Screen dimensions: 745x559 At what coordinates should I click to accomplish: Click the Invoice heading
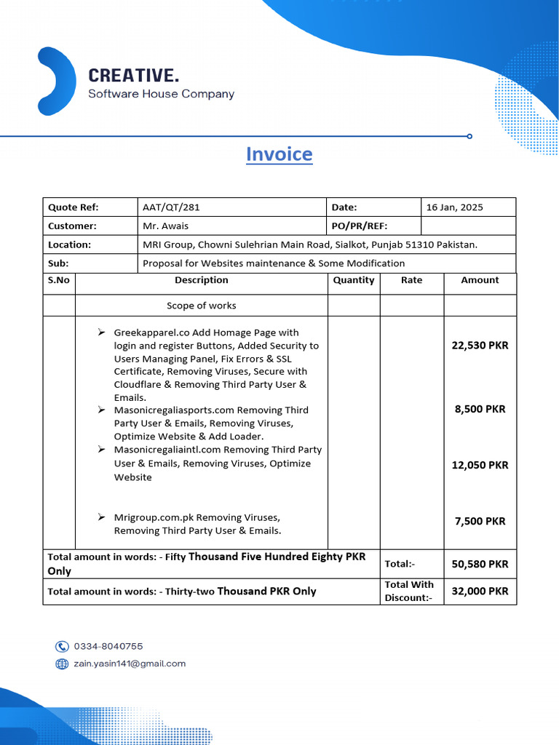(x=279, y=154)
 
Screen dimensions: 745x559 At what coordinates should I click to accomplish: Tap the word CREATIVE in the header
(x=133, y=76)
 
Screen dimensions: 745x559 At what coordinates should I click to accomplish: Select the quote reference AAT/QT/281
(x=171, y=207)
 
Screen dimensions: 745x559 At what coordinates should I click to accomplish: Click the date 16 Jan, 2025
(x=454, y=207)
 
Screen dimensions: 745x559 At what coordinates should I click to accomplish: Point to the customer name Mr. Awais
(x=165, y=226)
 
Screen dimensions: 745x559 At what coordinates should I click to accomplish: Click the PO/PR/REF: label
(x=360, y=226)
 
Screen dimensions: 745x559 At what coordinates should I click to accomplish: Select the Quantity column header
(x=354, y=280)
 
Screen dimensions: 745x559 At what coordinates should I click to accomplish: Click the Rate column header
(x=411, y=280)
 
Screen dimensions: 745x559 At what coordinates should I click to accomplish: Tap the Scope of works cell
(x=201, y=306)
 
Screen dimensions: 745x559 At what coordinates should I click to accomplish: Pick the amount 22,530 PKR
(x=480, y=346)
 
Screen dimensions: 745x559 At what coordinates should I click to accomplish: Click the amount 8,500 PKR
(x=480, y=409)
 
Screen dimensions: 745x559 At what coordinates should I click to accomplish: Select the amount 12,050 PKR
(x=480, y=465)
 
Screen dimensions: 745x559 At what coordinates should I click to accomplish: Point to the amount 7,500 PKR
(x=480, y=521)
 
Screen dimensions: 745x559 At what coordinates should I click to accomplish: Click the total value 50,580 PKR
(x=480, y=564)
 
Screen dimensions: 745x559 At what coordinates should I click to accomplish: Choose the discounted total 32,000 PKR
(x=480, y=591)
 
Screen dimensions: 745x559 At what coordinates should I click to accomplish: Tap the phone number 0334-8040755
(x=108, y=646)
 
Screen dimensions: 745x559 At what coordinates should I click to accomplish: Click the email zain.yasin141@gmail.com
(x=130, y=664)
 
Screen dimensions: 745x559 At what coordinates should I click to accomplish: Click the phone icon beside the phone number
(x=62, y=646)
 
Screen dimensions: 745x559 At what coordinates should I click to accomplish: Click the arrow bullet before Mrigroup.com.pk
(x=101, y=517)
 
